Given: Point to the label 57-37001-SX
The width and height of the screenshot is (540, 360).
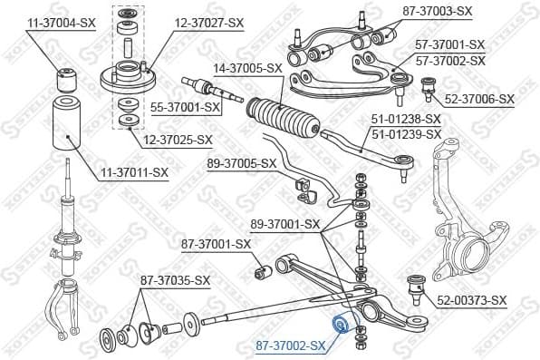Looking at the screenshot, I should [450, 44].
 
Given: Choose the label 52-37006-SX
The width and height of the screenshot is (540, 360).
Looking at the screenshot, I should [478, 99].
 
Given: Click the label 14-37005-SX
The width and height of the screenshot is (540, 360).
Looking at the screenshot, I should [249, 67].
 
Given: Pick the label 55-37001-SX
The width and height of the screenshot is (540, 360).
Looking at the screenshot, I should [186, 107].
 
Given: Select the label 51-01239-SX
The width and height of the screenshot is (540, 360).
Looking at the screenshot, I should [406, 134].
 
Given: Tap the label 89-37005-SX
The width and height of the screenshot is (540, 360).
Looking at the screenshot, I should [241, 163].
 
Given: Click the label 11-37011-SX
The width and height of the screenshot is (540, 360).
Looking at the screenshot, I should [133, 171].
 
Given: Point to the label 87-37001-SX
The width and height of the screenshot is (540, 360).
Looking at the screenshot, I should [216, 243].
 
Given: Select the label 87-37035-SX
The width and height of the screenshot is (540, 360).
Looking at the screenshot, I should [175, 280].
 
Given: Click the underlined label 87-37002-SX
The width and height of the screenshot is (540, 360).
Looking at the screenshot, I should [290, 345].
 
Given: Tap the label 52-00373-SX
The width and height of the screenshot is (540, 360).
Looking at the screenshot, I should [472, 300].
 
